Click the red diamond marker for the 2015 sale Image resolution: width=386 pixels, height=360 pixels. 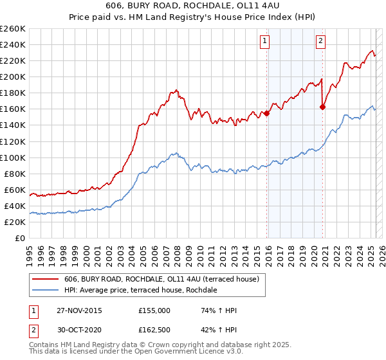[x=266, y=114]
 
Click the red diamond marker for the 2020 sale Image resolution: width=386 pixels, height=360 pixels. [x=322, y=107]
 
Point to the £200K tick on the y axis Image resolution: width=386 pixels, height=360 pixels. [x=13, y=76]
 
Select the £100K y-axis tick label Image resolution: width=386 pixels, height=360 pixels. [x=13, y=157]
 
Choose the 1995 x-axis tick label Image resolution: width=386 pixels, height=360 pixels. [x=30, y=253]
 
